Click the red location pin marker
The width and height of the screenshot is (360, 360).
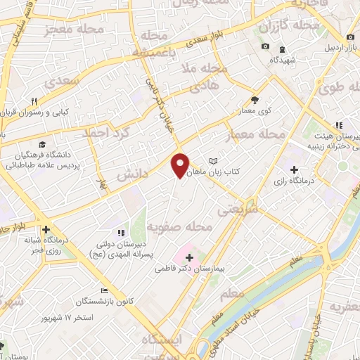tap(181, 165)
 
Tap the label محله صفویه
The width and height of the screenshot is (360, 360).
tap(180, 226)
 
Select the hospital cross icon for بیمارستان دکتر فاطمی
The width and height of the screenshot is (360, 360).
tap(188, 258)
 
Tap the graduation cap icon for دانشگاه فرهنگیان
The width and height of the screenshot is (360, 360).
tap(44, 143)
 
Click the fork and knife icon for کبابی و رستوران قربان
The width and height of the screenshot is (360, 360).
tap(44, 101)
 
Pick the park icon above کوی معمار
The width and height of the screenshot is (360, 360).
tap(255, 100)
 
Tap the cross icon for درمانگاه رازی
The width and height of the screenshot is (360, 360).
tap(294, 169)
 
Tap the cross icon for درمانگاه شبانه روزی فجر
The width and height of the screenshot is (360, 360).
tap(46, 229)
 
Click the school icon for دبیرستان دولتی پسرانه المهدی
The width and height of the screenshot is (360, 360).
tap(121, 231)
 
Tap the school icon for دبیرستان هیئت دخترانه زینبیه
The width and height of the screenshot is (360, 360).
tap(338, 125)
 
